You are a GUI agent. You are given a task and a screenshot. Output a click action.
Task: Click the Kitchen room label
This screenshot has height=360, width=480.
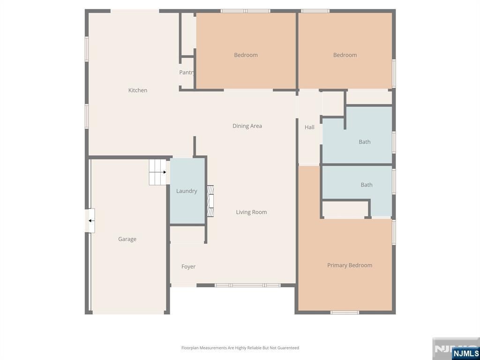[x=138, y=90]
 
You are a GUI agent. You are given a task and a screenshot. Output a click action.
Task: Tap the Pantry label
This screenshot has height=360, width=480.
[x=187, y=73]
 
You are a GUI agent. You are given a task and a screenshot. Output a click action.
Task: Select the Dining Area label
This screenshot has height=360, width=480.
[x=247, y=126]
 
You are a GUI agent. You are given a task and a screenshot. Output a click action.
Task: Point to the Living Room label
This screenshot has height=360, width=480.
[x=251, y=212]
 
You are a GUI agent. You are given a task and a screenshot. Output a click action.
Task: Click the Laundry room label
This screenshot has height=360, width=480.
[x=187, y=191]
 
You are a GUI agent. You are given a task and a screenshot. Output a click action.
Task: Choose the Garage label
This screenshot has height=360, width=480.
[x=127, y=239]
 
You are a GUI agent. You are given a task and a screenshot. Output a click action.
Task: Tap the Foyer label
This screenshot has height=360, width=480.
[x=188, y=267]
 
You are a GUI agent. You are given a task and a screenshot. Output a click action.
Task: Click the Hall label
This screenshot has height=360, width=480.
[x=309, y=127]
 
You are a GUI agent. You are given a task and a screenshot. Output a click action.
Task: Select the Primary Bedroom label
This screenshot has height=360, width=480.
[x=350, y=265]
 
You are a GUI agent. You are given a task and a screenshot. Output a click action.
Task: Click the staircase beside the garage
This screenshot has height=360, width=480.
[x=157, y=172]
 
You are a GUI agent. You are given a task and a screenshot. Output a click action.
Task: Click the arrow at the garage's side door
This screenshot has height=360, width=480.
[x=91, y=221]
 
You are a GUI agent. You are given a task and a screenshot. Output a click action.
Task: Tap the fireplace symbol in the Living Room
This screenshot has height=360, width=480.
[x=210, y=201]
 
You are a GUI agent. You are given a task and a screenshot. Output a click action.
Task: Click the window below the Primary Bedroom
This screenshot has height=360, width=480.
[x=345, y=313]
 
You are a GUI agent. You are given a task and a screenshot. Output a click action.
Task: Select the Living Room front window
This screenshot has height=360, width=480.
[x=247, y=285]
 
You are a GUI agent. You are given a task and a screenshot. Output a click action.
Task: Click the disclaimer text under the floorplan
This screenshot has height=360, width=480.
[x=240, y=348]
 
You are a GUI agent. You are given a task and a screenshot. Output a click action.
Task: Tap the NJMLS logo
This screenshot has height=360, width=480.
[x=465, y=353]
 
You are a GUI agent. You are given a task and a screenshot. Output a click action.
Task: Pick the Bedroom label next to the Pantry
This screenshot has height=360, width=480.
[x=246, y=55]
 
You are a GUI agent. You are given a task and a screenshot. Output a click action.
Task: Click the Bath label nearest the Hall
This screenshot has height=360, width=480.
[x=365, y=142]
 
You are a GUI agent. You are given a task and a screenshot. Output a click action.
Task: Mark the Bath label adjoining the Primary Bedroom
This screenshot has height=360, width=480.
[x=367, y=185]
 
